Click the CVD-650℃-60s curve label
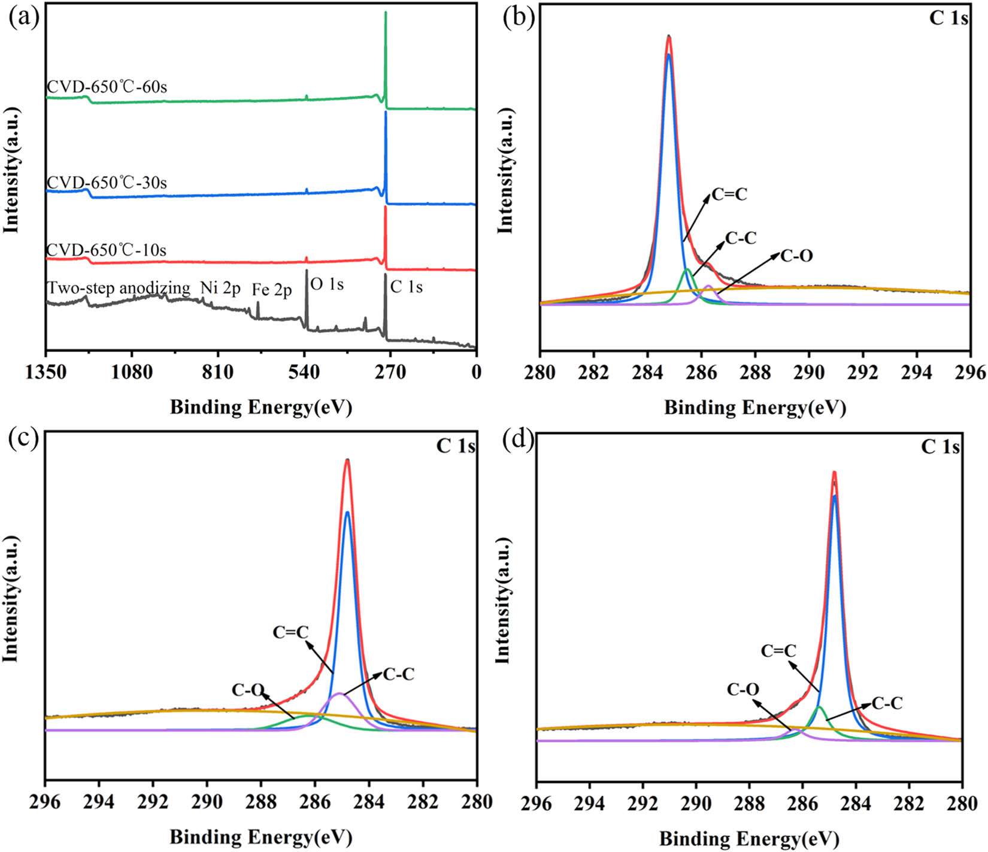(x=107, y=87)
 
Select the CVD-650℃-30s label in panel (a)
(x=107, y=183)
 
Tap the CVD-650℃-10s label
(x=107, y=250)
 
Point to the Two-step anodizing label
(x=119, y=288)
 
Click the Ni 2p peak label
(x=220, y=289)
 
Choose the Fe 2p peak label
(x=272, y=290)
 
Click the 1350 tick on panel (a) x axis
(x=46, y=372)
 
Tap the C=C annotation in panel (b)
(x=729, y=195)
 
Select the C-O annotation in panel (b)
(x=796, y=256)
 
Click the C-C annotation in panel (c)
(x=399, y=675)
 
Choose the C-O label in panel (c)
(x=248, y=690)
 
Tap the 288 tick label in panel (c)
(x=261, y=801)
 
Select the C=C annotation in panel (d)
(x=778, y=651)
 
